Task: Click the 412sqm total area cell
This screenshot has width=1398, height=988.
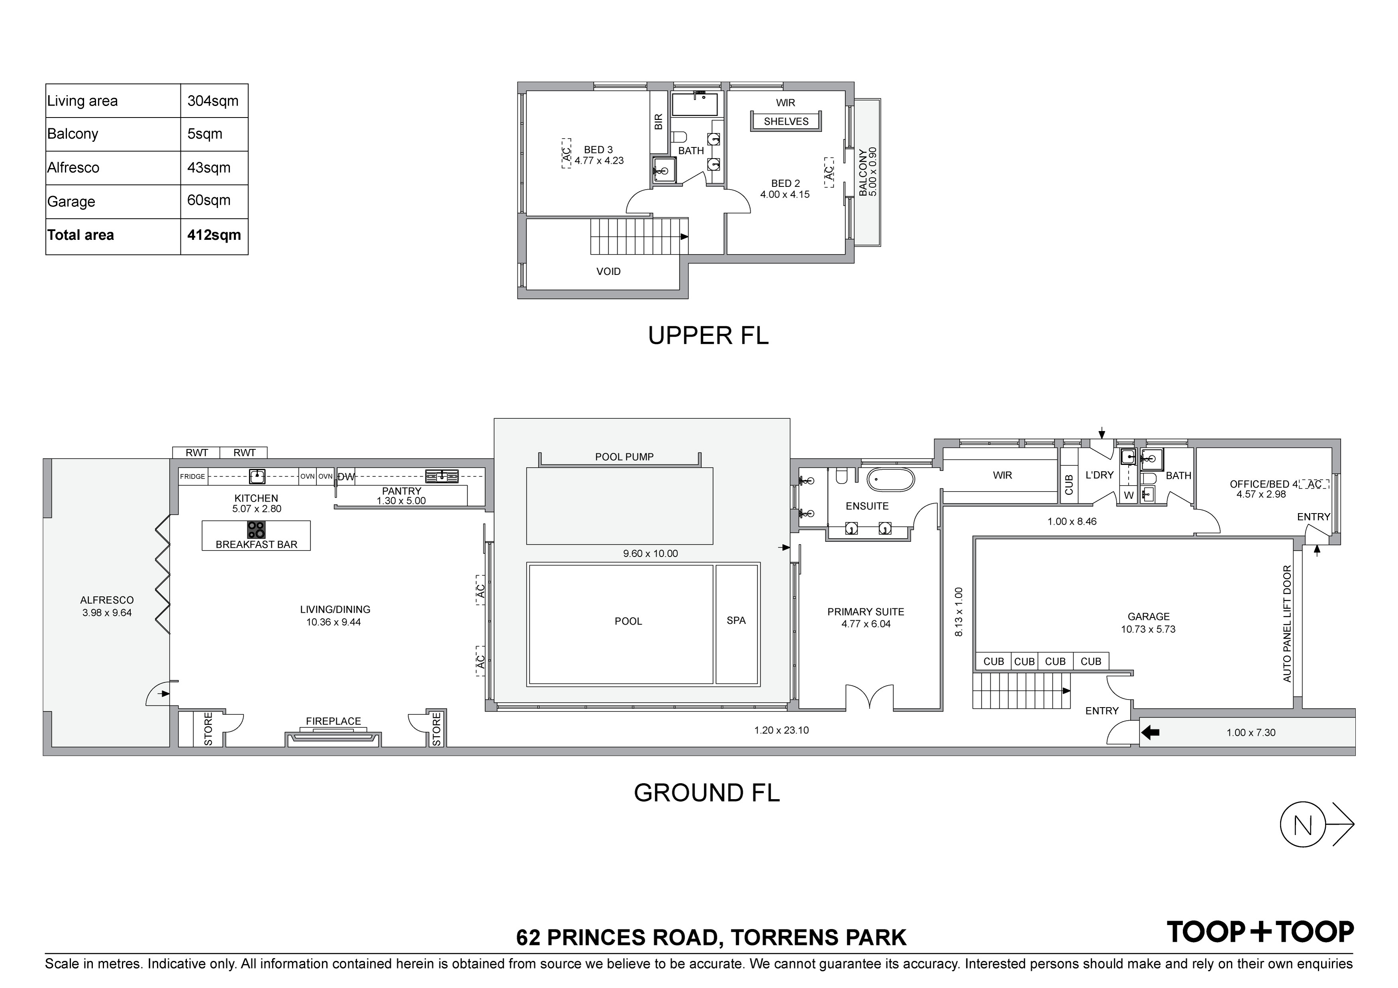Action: (214, 235)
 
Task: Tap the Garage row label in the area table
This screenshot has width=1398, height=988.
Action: (71, 202)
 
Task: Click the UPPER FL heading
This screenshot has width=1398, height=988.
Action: (708, 335)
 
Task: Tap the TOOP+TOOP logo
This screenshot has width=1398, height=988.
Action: (1260, 932)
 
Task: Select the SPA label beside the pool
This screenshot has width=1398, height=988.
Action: (736, 620)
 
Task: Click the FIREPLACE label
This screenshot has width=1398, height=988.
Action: (333, 721)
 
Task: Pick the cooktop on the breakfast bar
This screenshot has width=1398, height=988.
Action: (256, 529)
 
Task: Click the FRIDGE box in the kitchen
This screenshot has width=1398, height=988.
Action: (193, 476)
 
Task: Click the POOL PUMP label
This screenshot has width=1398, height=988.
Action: (624, 457)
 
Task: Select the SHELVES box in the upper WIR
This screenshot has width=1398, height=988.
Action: (786, 121)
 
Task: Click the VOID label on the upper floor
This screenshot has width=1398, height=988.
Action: (608, 272)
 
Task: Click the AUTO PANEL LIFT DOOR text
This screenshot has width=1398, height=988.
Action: (1286, 623)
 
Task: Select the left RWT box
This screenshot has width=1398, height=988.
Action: (197, 452)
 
